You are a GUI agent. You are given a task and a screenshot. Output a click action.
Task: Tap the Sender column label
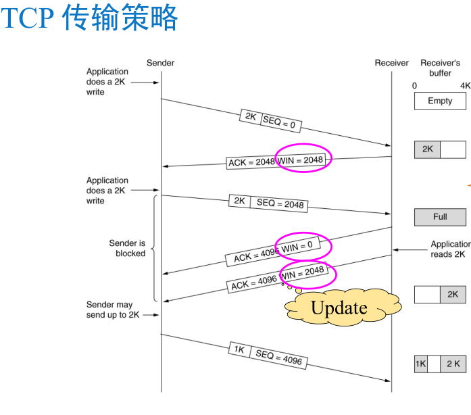[160, 63]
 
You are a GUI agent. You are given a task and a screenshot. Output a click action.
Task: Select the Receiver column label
[391, 63]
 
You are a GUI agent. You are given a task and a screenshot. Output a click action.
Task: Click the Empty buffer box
[440, 101]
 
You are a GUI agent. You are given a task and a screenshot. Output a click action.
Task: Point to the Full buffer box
[440, 217]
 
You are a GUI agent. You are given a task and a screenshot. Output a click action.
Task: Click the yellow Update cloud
[339, 308]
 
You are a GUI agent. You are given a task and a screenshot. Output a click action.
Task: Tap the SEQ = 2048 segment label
[280, 203]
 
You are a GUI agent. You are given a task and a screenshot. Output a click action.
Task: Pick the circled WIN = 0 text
[298, 247]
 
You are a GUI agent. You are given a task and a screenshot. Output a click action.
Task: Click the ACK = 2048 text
[251, 162]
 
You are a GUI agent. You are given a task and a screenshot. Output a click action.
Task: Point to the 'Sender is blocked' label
[127, 248]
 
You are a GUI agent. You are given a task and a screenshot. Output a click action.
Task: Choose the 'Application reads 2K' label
[449, 249]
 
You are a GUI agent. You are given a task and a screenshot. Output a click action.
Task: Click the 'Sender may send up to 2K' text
[110, 310]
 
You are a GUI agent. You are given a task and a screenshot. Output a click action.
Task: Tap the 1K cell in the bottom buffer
[420, 364]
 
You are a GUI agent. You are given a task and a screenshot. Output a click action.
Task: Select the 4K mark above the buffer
[465, 86]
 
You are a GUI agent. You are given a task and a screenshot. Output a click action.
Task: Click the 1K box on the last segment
[239, 349]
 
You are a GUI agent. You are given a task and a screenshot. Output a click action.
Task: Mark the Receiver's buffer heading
[440, 68]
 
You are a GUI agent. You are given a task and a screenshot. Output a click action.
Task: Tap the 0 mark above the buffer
[415, 86]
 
